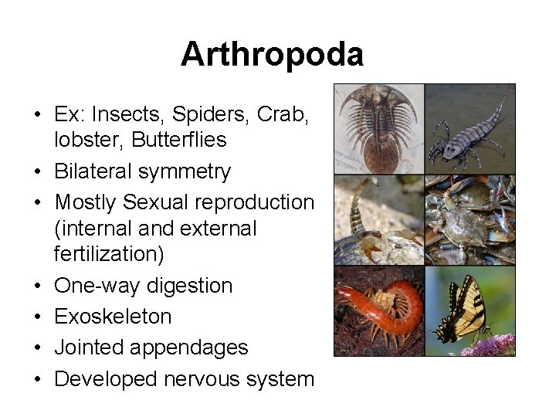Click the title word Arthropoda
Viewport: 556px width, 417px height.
click(272, 55)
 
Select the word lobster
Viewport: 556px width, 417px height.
click(86, 140)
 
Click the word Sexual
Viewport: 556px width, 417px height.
click(165, 202)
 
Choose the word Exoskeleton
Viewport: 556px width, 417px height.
click(113, 317)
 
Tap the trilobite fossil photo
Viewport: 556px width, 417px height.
click(378, 128)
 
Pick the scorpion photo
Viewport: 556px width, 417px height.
click(378, 220)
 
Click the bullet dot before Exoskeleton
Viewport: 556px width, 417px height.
click(38, 317)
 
